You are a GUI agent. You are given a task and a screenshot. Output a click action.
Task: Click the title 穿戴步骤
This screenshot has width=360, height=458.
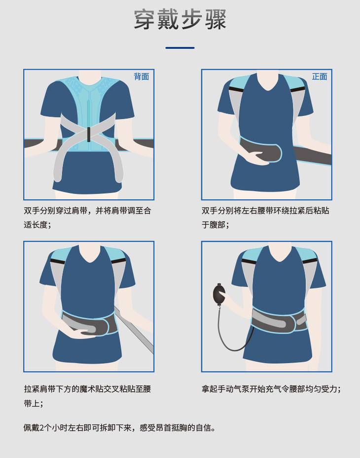pyautogui.click(x=180, y=19)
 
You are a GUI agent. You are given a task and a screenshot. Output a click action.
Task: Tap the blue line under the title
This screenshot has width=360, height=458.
pyautogui.click(x=180, y=48)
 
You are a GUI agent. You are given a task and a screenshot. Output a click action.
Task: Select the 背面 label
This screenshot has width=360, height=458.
pyautogui.click(x=142, y=76)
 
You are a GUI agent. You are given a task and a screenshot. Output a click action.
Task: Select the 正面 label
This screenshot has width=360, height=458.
pyautogui.click(x=320, y=76)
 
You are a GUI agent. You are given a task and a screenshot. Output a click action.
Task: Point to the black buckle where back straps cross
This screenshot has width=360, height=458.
pyautogui.click(x=89, y=134)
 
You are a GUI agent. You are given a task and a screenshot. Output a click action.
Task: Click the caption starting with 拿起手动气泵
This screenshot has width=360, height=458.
pyautogui.click(x=271, y=389)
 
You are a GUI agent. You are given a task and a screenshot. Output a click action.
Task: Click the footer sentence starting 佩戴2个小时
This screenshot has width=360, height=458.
pyautogui.click(x=120, y=428)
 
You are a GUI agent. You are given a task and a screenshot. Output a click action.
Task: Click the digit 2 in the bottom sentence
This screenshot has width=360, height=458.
pyautogui.click(x=41, y=428)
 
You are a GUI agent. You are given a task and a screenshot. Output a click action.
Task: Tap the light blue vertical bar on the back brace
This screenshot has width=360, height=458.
pyautogui.click(x=88, y=114)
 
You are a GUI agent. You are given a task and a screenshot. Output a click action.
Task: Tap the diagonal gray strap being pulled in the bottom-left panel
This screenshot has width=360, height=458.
pyautogui.click(x=134, y=330)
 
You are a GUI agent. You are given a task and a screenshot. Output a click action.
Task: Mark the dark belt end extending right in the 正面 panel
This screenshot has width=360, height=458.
pyautogui.click(x=312, y=155)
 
